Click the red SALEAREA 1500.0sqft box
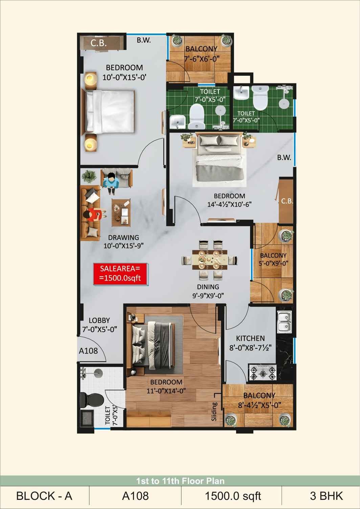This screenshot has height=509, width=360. click(x=120, y=274)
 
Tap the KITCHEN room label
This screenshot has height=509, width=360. click(x=250, y=338)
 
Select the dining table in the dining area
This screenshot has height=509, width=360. click(x=209, y=260)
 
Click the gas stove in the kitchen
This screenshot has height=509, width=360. click(x=263, y=372)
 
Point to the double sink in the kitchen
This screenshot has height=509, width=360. click(x=284, y=322)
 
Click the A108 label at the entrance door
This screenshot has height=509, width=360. click(x=88, y=351)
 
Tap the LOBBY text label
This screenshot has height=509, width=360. click(x=99, y=320)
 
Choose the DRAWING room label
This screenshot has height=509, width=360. click(x=123, y=238)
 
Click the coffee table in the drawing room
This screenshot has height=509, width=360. click(x=121, y=213)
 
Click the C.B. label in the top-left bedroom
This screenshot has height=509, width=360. click(x=98, y=43)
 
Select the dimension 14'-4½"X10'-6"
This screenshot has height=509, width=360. click(x=229, y=204)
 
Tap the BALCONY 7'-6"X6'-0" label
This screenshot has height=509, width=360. click(x=201, y=54)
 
